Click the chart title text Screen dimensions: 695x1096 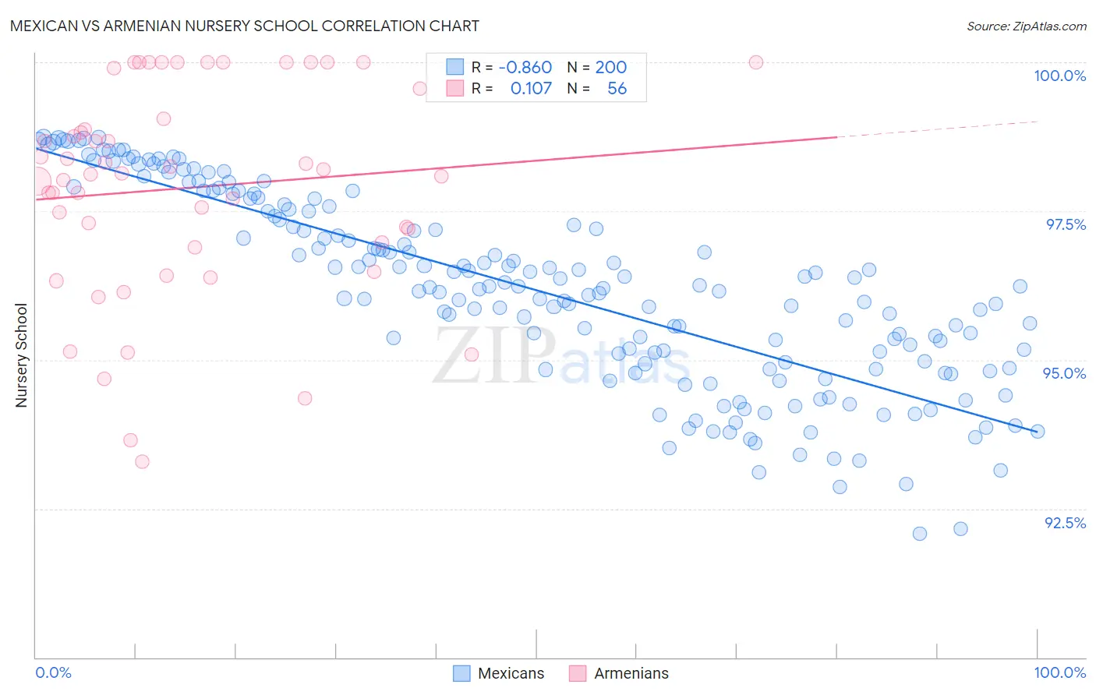pyautogui.click(x=245, y=26)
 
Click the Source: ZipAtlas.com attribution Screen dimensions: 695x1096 pyautogui.click(x=1026, y=26)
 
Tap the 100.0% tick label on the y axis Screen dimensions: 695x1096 pyautogui.click(x=1059, y=76)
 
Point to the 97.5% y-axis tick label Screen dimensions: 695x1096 pyautogui.click(x=1065, y=224)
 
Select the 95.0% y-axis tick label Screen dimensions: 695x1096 pyautogui.click(x=1064, y=373)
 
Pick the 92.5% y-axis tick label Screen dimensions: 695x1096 pyautogui.click(x=1065, y=523)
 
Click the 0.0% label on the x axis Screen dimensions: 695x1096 pyautogui.click(x=53, y=672)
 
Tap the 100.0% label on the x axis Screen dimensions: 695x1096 pyautogui.click(x=1059, y=672)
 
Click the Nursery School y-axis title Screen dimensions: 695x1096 pyautogui.click(x=22, y=355)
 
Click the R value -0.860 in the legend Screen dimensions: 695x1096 pyautogui.click(x=525, y=67)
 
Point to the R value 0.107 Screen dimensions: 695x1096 pyautogui.click(x=531, y=88)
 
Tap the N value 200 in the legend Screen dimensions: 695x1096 pyautogui.click(x=611, y=67)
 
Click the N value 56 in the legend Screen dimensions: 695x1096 pyautogui.click(x=617, y=88)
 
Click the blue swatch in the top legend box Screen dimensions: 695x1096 pyautogui.click(x=454, y=67)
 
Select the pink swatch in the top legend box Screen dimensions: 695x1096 pyautogui.click(x=454, y=88)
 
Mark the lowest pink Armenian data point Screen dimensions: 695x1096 pyautogui.click(x=142, y=461)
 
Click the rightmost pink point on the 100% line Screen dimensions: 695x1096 pyautogui.click(x=755, y=62)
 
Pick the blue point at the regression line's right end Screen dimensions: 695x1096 pyautogui.click(x=1038, y=431)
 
